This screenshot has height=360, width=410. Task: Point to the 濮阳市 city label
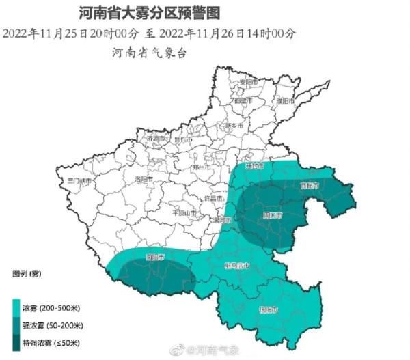click(x=284, y=101)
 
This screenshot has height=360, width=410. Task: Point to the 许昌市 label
click(x=215, y=198)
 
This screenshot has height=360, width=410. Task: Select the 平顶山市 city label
click(x=184, y=212)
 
